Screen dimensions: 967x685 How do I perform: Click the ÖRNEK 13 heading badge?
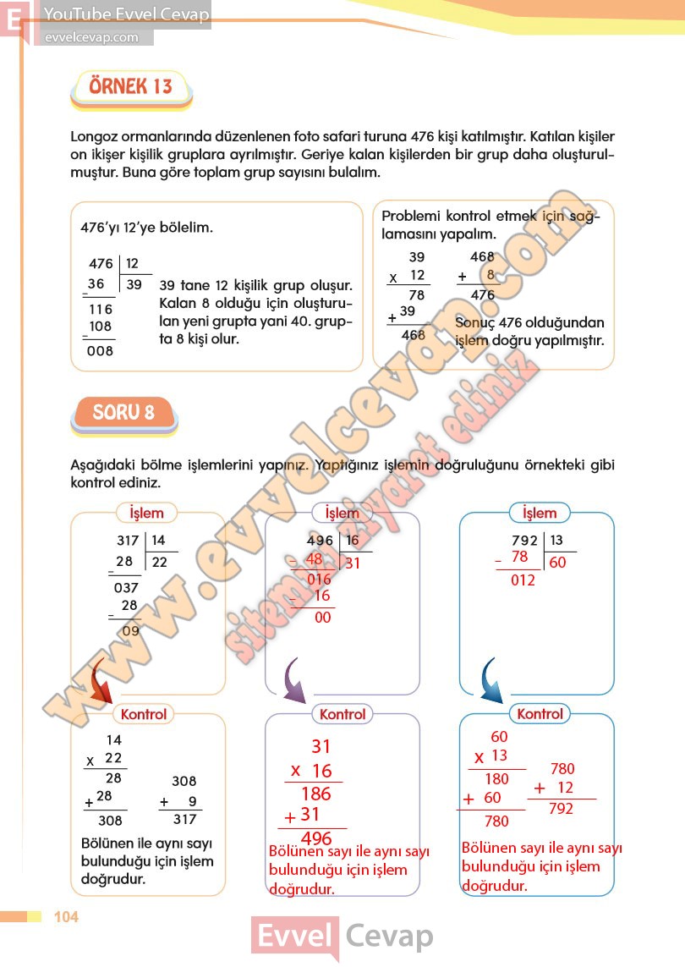[130, 86]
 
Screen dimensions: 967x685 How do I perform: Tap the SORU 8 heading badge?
[123, 413]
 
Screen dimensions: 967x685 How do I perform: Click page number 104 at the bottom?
[66, 917]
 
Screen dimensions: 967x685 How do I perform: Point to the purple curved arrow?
[293, 679]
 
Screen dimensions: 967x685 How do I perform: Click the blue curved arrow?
[491, 679]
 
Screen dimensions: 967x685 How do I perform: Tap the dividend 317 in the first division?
[129, 541]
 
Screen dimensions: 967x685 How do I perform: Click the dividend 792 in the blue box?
[525, 541]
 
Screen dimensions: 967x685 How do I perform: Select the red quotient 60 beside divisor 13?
[557, 563]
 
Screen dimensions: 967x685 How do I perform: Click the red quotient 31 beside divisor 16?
[353, 563]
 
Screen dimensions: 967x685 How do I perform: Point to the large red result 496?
[316, 838]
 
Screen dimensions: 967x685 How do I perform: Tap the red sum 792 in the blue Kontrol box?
[560, 809]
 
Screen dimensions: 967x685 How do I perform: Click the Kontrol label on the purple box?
[342, 714]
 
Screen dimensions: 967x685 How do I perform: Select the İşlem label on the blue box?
[540, 513]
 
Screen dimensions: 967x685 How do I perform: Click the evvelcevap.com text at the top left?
[90, 37]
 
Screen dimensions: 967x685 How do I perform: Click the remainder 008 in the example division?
[100, 351]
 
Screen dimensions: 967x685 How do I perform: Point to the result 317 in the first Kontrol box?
[184, 819]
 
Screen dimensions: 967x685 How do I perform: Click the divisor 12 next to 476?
[133, 264]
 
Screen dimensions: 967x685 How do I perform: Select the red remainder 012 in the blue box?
[523, 580]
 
